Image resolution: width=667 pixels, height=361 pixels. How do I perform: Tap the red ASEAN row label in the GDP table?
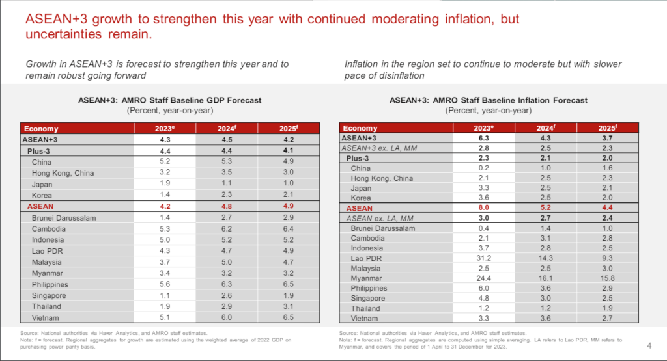pyautogui.click(x=41, y=206)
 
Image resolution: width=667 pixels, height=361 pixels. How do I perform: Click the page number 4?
pyautogui.click(x=649, y=345)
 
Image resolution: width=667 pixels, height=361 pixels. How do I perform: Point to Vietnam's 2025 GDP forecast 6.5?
pyautogui.click(x=289, y=317)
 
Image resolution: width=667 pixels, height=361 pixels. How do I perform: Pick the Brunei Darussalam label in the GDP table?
pyautogui.click(x=64, y=217)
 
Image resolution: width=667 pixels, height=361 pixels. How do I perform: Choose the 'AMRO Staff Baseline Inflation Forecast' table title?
pyautogui.click(x=488, y=100)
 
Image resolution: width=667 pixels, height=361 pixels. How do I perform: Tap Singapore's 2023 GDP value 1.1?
pyautogui.click(x=165, y=295)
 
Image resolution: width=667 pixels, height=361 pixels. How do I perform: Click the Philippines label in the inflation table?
pyautogui.click(x=369, y=288)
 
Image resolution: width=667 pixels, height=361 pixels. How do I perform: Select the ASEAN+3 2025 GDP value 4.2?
pyautogui.click(x=289, y=140)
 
